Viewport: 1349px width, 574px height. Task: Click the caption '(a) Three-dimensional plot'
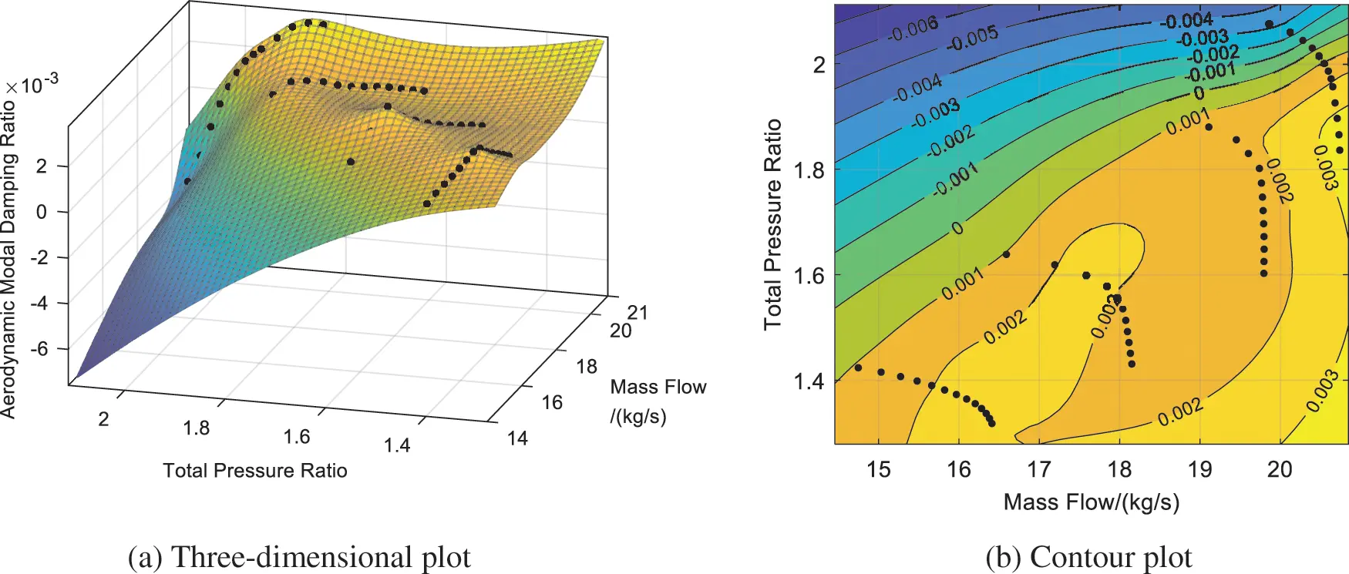pyautogui.click(x=299, y=556)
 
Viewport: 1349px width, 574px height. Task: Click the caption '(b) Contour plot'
pyautogui.click(x=1088, y=556)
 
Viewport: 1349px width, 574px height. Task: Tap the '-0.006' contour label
pyautogui.click(x=913, y=29)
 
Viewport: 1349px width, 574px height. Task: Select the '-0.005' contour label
pyautogui.click(x=972, y=38)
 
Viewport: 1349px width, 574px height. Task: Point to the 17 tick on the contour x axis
pyautogui.click(x=1039, y=469)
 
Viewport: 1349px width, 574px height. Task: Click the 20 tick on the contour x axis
pyautogui.click(x=1280, y=469)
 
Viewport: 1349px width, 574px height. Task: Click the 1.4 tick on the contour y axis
pyautogui.click(x=809, y=381)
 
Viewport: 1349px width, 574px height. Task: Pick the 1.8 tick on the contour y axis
pyautogui.click(x=809, y=170)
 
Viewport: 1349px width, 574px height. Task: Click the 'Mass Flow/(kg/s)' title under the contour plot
pyautogui.click(x=1091, y=502)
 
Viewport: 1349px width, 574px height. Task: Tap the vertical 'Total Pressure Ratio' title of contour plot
pyautogui.click(x=772, y=224)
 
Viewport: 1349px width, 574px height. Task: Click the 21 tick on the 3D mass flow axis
pyautogui.click(x=637, y=312)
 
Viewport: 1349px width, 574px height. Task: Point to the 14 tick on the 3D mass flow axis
pyautogui.click(x=517, y=438)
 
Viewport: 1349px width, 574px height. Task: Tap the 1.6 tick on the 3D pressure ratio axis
pyautogui.click(x=297, y=437)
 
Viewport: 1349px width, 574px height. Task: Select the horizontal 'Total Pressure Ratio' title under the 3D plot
pyautogui.click(x=255, y=471)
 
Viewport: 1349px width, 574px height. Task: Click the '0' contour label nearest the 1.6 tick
pyautogui.click(x=957, y=228)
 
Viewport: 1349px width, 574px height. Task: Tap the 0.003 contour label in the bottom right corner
pyautogui.click(x=1321, y=391)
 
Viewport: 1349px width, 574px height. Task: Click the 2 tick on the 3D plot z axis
pyautogui.click(x=42, y=166)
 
